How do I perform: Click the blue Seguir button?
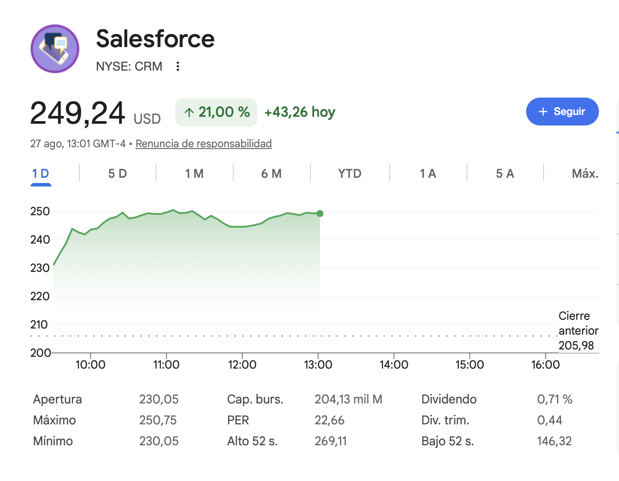[562, 111]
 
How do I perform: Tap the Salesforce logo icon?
[55, 49]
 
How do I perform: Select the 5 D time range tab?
[117, 173]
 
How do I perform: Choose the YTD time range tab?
[350, 173]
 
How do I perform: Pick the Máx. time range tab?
[585, 173]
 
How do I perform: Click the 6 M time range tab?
[271, 173]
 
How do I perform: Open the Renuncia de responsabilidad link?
[204, 144]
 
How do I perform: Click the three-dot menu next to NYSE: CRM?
[178, 66]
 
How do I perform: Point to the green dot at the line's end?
[320, 213]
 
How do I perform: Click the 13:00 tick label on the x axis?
[318, 365]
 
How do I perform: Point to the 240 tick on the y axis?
[40, 240]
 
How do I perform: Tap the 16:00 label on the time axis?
[545, 365]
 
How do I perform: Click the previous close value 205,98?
[576, 346]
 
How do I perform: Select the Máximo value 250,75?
[158, 420]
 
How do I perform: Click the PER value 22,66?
[329, 420]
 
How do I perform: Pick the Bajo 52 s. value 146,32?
[554, 441]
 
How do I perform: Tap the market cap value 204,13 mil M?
[348, 400]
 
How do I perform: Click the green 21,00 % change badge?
[216, 112]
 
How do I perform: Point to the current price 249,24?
[78, 113]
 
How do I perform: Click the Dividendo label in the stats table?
[449, 400]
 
